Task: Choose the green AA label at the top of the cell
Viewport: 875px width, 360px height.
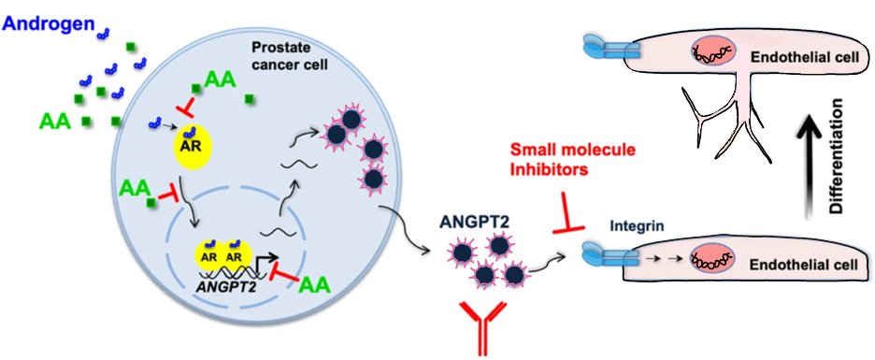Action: [x=219, y=79]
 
